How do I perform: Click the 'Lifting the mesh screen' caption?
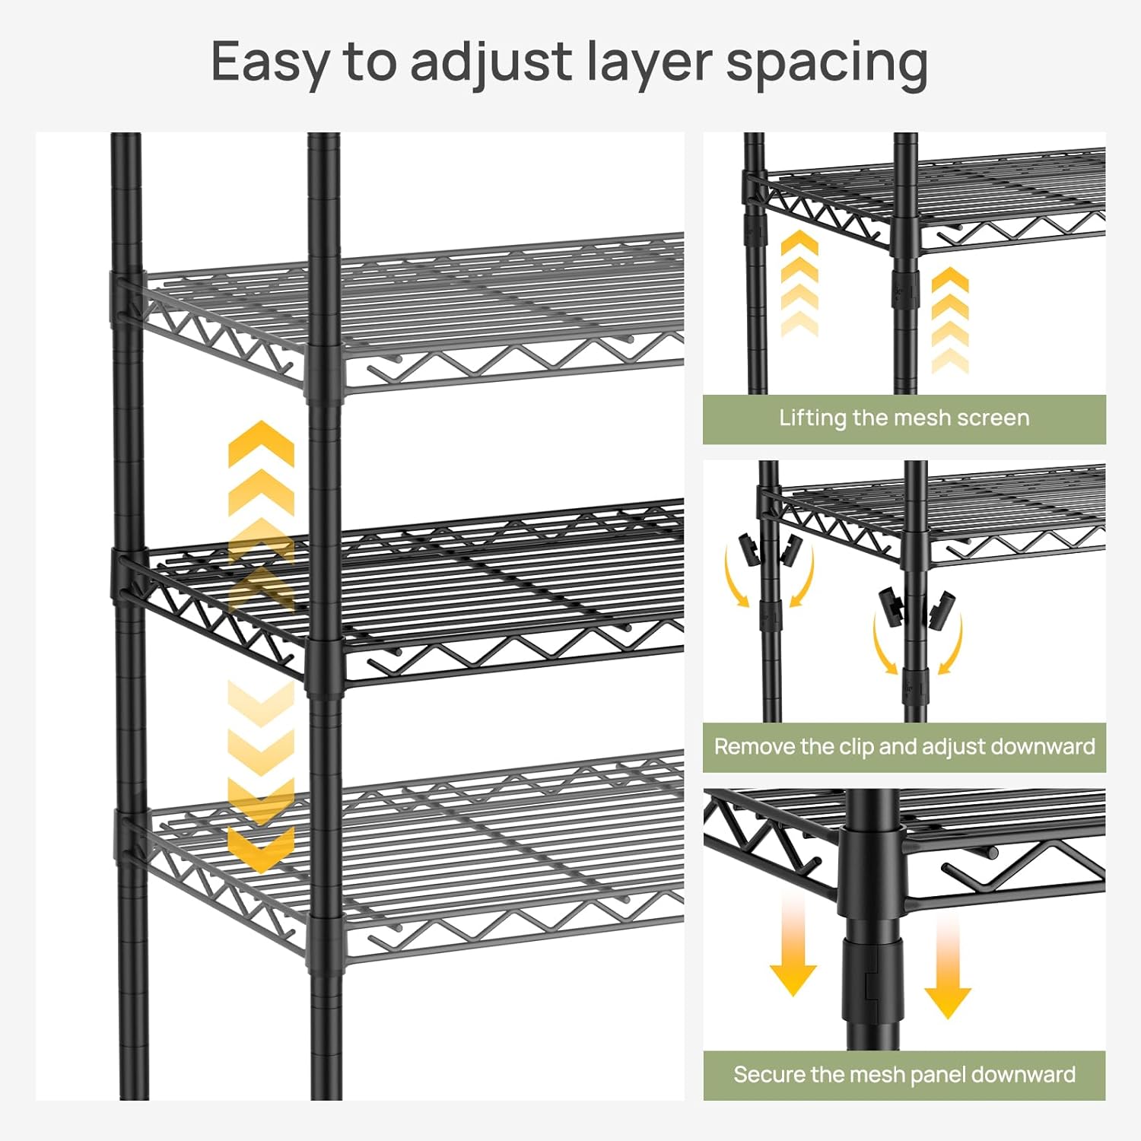[904, 418]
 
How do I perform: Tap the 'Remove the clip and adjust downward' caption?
[904, 746]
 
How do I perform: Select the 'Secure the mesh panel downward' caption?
[904, 1074]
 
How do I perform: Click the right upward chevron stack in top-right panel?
[950, 319]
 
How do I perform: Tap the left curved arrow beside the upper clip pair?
[735, 578]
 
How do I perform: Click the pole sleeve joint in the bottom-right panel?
[872, 966]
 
